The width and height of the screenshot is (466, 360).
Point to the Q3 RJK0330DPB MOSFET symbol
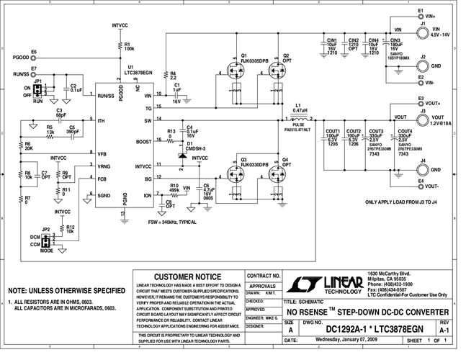(236, 174)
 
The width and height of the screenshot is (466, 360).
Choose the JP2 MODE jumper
(47, 238)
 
